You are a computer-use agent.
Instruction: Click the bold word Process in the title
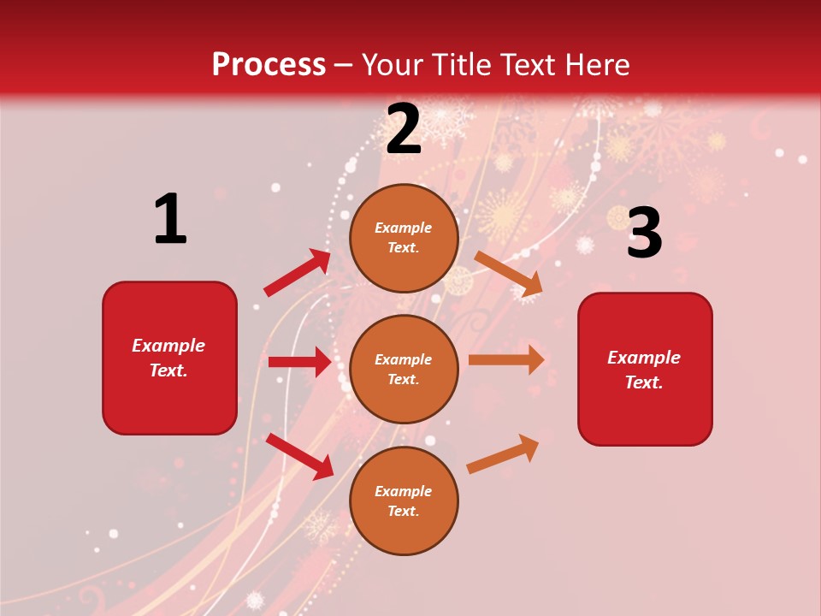tap(269, 65)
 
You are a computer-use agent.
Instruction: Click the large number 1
tap(170, 219)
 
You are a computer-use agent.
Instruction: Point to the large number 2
tap(404, 129)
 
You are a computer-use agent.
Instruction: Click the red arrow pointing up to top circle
tap(297, 273)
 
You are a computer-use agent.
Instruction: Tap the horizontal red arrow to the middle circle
tap(299, 362)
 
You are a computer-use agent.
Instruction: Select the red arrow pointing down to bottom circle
tap(299, 455)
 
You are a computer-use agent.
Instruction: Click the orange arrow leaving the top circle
tap(508, 273)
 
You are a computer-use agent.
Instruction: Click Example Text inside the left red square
tap(169, 358)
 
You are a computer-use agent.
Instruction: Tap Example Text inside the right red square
tap(644, 370)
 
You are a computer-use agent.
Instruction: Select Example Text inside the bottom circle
tap(404, 501)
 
